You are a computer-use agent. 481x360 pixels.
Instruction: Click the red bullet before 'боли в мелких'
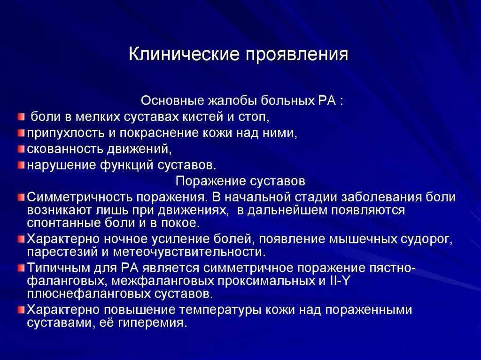[x=21, y=116]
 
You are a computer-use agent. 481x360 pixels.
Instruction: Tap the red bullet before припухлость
[x=21, y=133]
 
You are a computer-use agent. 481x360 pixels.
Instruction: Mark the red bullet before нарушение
[x=21, y=165]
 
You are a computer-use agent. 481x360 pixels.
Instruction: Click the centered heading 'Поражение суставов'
[x=240, y=181]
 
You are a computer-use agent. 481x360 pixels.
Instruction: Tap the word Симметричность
[x=78, y=197]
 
